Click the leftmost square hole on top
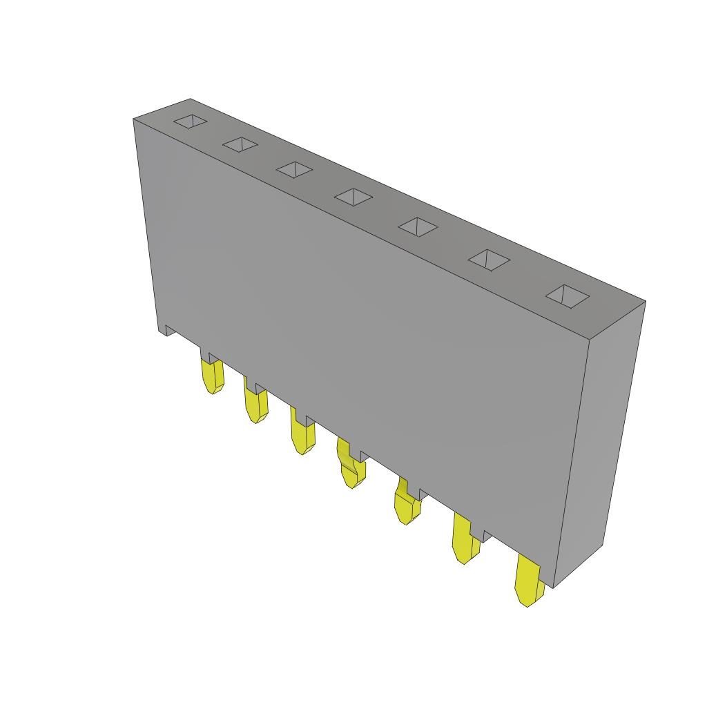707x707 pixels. (x=190, y=122)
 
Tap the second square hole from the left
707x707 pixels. (x=240, y=144)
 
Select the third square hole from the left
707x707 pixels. (x=295, y=169)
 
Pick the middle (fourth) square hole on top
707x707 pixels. (x=353, y=197)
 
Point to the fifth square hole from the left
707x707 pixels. (x=418, y=226)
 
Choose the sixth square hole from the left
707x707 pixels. (x=489, y=260)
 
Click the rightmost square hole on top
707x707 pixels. (x=568, y=296)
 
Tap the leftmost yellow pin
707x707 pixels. (x=212, y=377)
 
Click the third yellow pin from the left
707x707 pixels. (x=302, y=437)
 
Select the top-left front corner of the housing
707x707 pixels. (x=133, y=119)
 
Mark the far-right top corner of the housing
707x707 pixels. (x=646, y=301)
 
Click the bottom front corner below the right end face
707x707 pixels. (x=554, y=588)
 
